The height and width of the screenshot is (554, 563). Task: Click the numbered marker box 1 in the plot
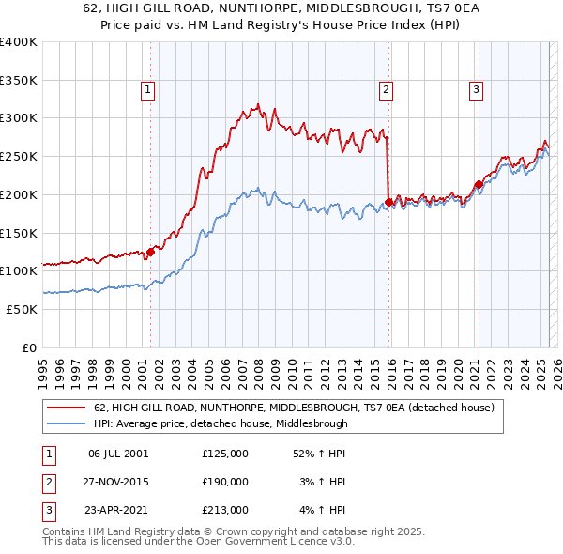pyautogui.click(x=148, y=90)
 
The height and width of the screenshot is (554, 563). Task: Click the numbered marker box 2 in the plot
pyautogui.click(x=386, y=90)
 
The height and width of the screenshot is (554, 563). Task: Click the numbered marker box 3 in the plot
pyautogui.click(x=476, y=90)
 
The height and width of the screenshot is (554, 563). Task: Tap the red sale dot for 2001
pyautogui.click(x=150, y=251)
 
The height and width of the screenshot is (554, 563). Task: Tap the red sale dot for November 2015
pyautogui.click(x=388, y=201)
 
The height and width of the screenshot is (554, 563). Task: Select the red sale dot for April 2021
pyautogui.click(x=479, y=184)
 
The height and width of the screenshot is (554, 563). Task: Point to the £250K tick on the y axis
pyautogui.click(x=19, y=156)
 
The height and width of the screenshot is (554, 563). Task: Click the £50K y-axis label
pyautogui.click(x=22, y=309)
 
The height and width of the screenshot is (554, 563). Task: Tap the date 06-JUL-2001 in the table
pyautogui.click(x=117, y=454)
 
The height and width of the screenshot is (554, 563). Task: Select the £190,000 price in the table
pyautogui.click(x=225, y=482)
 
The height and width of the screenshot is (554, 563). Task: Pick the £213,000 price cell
pyautogui.click(x=225, y=510)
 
